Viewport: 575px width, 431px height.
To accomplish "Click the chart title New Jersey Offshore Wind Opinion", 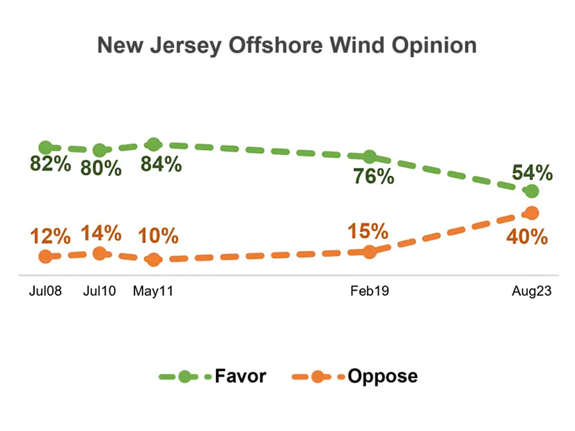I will [287, 46].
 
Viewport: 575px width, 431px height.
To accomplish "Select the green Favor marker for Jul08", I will [46, 147].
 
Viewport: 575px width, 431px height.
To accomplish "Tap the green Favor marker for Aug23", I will [532, 191].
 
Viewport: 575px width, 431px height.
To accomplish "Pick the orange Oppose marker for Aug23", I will [532, 213].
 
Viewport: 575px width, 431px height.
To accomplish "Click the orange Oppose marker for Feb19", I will [370, 252].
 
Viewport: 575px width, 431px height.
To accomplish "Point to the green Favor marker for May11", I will [154, 145].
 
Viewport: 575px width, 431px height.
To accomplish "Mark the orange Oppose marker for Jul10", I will [100, 254].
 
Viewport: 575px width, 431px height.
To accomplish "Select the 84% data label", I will [161, 165].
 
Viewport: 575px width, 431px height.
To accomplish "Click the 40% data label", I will [527, 236].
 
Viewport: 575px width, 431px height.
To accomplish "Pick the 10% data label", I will [159, 236].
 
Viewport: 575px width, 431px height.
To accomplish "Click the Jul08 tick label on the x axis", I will [45, 292].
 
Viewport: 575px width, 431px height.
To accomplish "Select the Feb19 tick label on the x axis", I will [370, 292].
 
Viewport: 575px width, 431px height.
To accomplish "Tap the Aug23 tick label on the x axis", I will [532, 292].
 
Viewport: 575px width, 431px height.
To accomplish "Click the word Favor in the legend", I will [240, 376].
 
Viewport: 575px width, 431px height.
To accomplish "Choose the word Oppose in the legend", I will [382, 376].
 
